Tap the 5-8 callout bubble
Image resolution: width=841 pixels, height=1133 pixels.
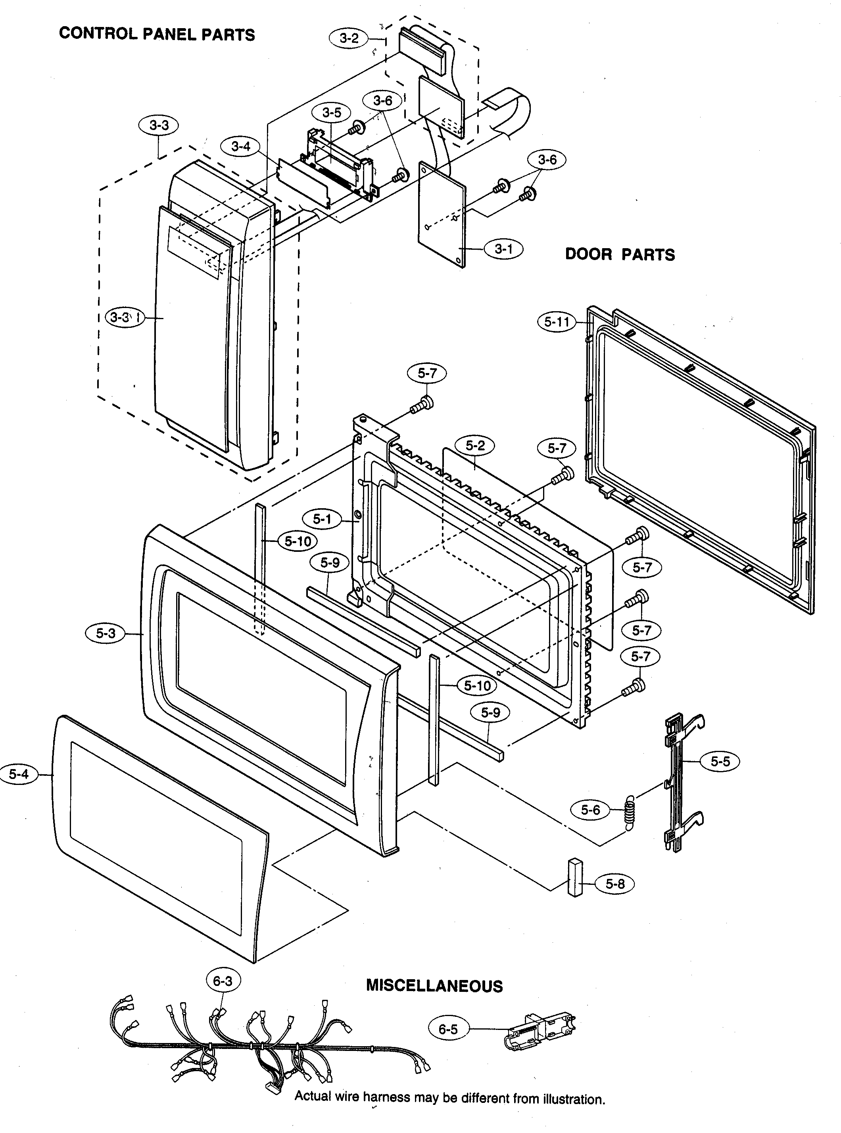[615, 884]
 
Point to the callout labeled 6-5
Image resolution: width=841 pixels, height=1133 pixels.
[448, 1029]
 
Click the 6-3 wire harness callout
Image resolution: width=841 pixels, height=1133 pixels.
[223, 980]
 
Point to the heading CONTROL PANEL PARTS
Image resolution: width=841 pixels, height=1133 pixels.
[157, 34]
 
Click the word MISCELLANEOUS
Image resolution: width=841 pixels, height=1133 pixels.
[434, 986]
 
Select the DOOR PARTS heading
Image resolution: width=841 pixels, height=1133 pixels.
[620, 255]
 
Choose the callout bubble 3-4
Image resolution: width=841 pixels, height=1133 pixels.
[241, 147]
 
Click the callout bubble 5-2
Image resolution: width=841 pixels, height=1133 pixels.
[475, 446]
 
